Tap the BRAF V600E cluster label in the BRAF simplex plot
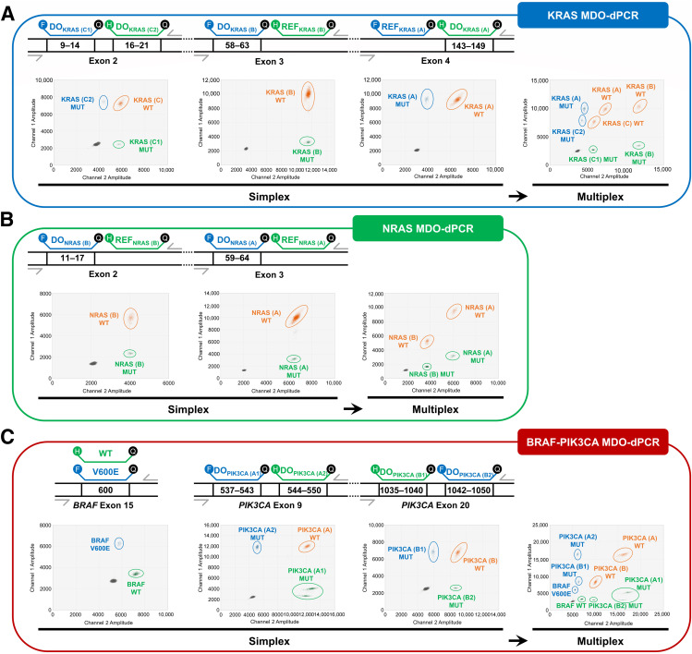point(100,545)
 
